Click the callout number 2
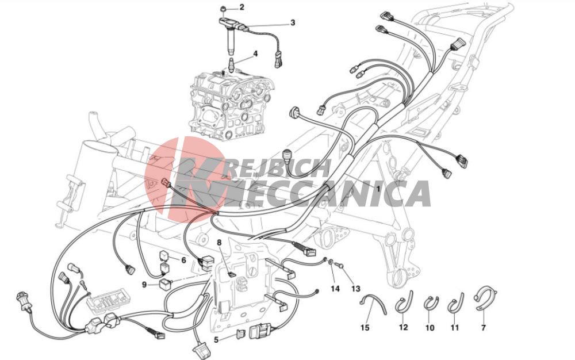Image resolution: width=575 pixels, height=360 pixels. [241, 7]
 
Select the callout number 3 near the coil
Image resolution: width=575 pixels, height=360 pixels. [292, 23]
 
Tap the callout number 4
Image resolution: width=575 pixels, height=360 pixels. [255, 54]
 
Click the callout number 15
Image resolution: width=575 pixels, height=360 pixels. [365, 327]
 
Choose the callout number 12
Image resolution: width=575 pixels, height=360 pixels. [403, 327]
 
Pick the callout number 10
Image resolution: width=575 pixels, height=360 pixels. [430, 327]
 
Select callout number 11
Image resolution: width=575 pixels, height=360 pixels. [455, 327]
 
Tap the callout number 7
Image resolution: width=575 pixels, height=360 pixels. [484, 327]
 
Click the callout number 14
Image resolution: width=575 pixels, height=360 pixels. [335, 289]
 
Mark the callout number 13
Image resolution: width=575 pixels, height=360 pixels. [356, 289]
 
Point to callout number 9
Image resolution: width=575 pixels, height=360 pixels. [144, 285]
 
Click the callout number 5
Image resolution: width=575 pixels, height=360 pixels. [216, 340]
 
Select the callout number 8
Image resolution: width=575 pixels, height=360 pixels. [219, 242]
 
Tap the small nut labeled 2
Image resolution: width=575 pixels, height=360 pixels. [223, 8]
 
